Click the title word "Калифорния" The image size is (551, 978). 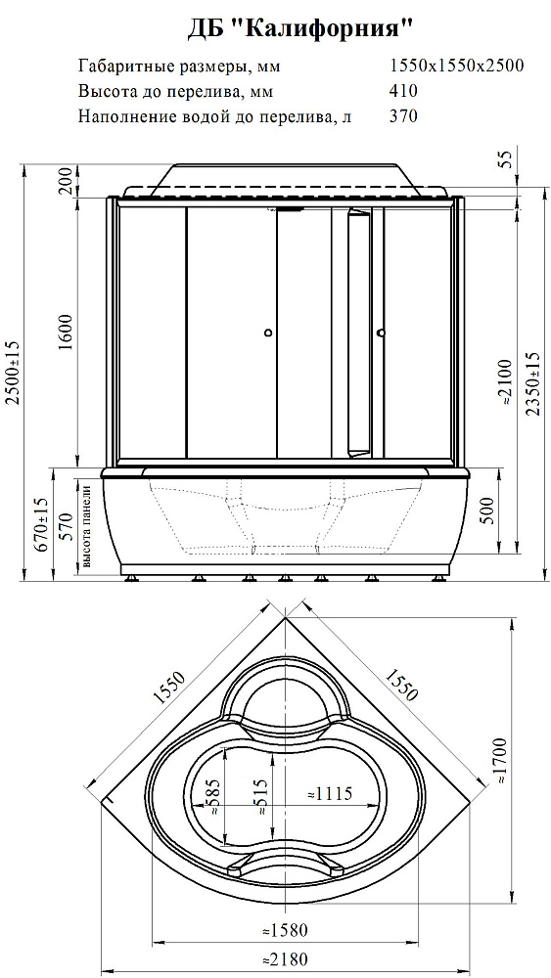[327, 30]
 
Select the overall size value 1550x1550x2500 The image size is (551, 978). [456, 66]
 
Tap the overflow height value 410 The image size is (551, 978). [402, 91]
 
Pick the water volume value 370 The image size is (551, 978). [402, 116]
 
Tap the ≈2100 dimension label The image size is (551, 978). [506, 384]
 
